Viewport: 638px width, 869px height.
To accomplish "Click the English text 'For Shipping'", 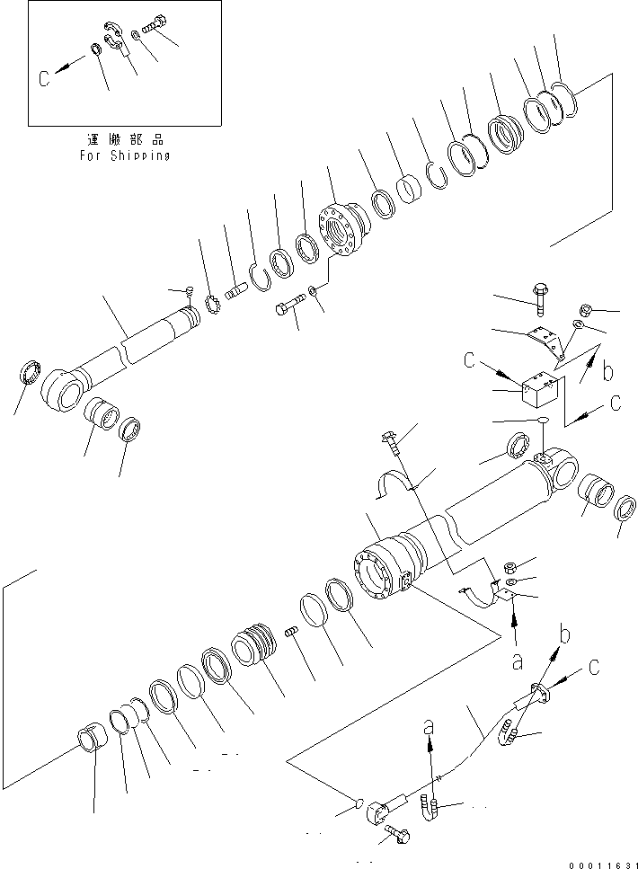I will coord(125,155).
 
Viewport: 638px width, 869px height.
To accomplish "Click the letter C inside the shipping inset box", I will coord(44,77).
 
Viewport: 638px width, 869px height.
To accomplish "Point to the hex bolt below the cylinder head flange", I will coord(285,310).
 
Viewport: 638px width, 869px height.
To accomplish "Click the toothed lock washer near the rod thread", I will coord(215,306).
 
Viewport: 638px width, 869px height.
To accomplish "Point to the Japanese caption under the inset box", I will coord(125,140).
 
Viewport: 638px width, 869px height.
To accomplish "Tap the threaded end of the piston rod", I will coord(191,315).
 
